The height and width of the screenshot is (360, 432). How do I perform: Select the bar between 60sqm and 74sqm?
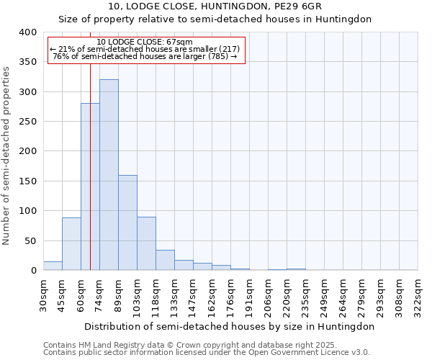[90, 186]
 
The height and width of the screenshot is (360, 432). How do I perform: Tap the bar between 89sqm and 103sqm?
[127, 222]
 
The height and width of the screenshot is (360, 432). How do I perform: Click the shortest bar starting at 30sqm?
[53, 266]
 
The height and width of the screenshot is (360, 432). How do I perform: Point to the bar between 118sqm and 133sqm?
[165, 260]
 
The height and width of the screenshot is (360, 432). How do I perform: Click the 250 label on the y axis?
[27, 122]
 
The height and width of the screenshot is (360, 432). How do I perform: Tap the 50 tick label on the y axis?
[30, 241]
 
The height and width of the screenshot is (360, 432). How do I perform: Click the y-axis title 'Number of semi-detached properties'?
[6, 155]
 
